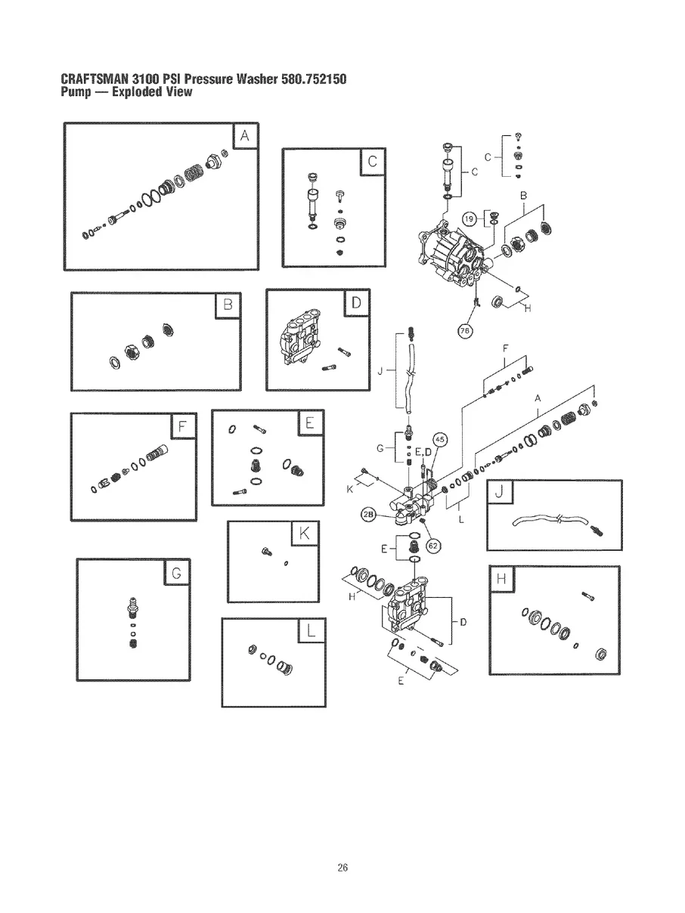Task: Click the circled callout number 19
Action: (x=469, y=218)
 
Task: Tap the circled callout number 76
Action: (x=465, y=330)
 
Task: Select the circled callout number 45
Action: (x=441, y=440)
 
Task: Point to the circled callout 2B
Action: (x=369, y=515)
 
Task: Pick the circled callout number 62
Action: (x=434, y=543)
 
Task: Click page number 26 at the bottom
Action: (x=342, y=867)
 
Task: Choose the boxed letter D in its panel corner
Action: (x=356, y=304)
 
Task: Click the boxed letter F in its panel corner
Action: (x=182, y=427)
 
